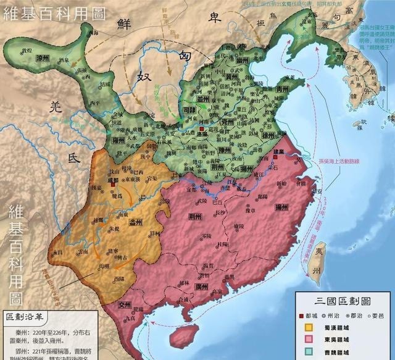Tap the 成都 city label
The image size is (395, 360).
tap(113, 181)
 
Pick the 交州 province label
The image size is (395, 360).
tap(126, 304)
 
